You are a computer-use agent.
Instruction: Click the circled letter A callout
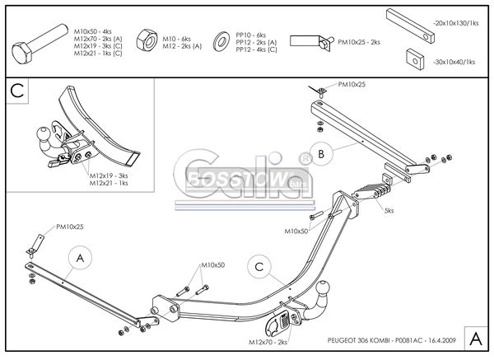click(80, 258)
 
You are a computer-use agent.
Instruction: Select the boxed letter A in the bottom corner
click(475, 337)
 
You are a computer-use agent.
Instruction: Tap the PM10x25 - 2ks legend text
click(359, 41)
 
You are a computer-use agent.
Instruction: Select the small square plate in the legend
click(415, 59)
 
